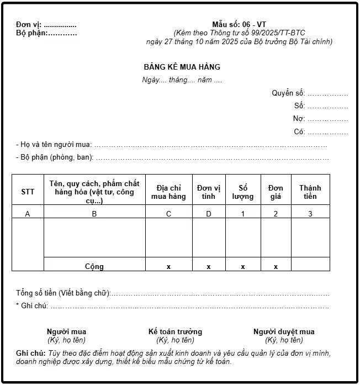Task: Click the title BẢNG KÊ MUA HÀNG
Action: point(182,67)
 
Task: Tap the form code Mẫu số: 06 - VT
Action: point(239,24)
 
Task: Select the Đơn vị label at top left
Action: point(29,25)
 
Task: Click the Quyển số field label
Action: point(288,93)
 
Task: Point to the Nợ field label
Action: point(299,118)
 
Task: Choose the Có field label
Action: point(299,131)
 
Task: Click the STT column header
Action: point(28,192)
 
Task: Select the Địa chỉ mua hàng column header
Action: point(168,192)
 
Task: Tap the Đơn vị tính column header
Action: point(208,192)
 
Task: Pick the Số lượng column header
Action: point(243,192)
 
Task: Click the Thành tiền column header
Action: point(310,192)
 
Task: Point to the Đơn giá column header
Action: point(276,192)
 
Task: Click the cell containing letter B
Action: point(94,214)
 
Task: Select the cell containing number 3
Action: point(310,214)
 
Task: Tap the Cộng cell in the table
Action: point(94,266)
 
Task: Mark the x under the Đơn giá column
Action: point(276,267)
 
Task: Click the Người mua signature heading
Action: point(66,331)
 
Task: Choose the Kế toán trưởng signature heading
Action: point(175,331)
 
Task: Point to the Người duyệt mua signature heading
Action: point(284,331)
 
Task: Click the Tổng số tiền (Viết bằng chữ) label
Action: point(63,293)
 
